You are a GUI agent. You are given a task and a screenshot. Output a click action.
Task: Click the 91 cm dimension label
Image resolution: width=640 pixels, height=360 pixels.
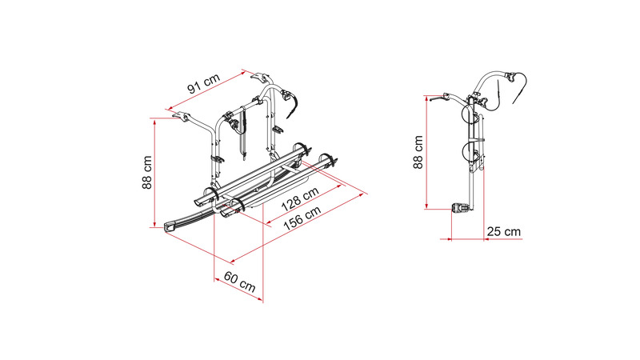click(x=204, y=84)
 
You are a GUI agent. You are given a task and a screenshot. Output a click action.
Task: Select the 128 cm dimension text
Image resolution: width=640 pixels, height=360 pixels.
click(x=300, y=199)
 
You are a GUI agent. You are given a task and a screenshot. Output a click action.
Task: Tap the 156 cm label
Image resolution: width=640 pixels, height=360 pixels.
click(x=302, y=218)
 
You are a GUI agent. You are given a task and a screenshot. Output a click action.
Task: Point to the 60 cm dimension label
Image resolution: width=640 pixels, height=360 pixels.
click(x=240, y=282)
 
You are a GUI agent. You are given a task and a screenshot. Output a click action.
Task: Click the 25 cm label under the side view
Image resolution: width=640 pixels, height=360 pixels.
click(x=504, y=231)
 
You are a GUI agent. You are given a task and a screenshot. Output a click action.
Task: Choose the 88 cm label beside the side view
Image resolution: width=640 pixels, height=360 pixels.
click(x=418, y=152)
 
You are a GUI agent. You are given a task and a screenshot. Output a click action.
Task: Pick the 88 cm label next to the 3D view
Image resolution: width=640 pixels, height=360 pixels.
click(x=147, y=172)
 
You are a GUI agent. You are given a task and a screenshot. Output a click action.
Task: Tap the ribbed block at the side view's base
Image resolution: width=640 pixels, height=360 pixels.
click(x=460, y=209)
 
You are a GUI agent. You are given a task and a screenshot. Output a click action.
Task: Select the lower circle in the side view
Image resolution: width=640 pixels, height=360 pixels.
click(x=470, y=151)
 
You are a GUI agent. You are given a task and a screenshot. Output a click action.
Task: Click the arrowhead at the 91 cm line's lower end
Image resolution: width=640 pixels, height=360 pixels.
click(x=169, y=109)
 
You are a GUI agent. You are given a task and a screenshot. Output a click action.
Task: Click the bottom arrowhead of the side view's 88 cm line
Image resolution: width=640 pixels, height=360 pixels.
click(x=426, y=206)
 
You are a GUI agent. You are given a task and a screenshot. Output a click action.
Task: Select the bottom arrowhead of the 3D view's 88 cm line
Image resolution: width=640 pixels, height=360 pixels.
click(x=154, y=224)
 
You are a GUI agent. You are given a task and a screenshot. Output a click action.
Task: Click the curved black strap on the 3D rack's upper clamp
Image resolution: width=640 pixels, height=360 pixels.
click(x=293, y=106)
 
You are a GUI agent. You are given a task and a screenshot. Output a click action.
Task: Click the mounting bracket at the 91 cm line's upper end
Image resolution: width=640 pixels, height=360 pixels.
click(x=262, y=78)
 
